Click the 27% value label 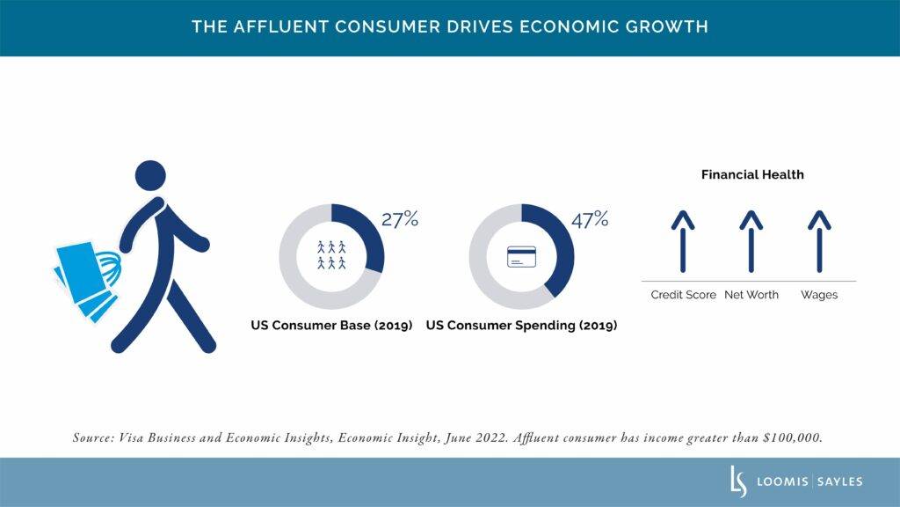[x=399, y=219]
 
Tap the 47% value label [x=590, y=219]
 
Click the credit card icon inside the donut [x=521, y=258]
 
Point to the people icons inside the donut [x=331, y=255]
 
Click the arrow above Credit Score [x=682, y=241]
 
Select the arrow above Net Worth [x=751, y=241]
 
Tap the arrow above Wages [x=818, y=241]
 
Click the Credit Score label [x=683, y=295]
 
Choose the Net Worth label [x=751, y=295]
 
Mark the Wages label [x=818, y=295]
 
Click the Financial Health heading [x=752, y=174]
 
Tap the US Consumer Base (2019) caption [x=331, y=325]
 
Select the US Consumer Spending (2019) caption [x=521, y=325]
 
